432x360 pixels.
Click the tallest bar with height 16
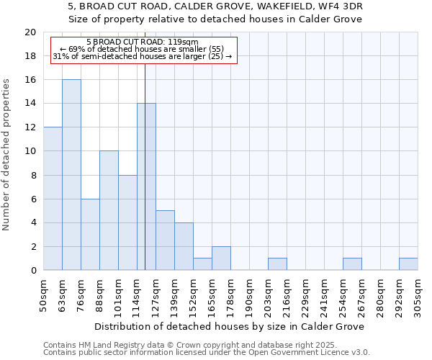[x=71, y=175]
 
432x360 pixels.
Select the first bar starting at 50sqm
[x=53, y=199]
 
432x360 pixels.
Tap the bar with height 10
[x=109, y=210]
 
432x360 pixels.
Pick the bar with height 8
[x=127, y=222]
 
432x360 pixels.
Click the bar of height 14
[x=146, y=186]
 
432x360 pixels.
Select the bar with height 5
[x=165, y=240]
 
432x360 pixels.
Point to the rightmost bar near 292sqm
[x=408, y=264]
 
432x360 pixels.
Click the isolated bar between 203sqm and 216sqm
[x=277, y=264]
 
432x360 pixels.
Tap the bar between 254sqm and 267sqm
[x=352, y=264]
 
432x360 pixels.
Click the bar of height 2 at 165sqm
[x=221, y=258]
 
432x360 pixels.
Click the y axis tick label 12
[x=30, y=127]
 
